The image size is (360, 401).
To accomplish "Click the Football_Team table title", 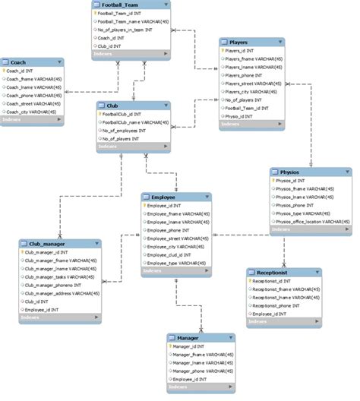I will tap(122, 5).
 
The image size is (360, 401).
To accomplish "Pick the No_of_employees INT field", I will tap(128, 130).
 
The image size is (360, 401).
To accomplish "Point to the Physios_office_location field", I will tap(308, 221).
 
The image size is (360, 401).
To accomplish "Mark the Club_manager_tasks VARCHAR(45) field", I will tap(59, 276).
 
